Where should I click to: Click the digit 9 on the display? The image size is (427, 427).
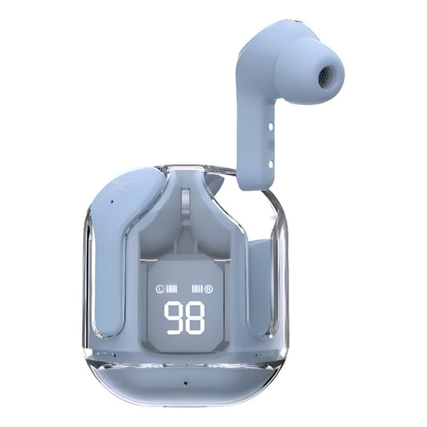[174, 318]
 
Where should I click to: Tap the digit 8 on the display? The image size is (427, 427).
[195, 318]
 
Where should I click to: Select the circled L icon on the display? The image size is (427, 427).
[159, 289]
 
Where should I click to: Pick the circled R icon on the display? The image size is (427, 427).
[208, 289]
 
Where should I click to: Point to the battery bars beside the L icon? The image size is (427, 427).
[171, 289]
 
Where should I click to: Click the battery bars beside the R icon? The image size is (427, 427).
[197, 289]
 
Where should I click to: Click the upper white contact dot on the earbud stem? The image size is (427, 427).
[271, 127]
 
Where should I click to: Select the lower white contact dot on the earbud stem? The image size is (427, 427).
[271, 164]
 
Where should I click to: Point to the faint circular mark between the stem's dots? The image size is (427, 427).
[271, 144]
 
